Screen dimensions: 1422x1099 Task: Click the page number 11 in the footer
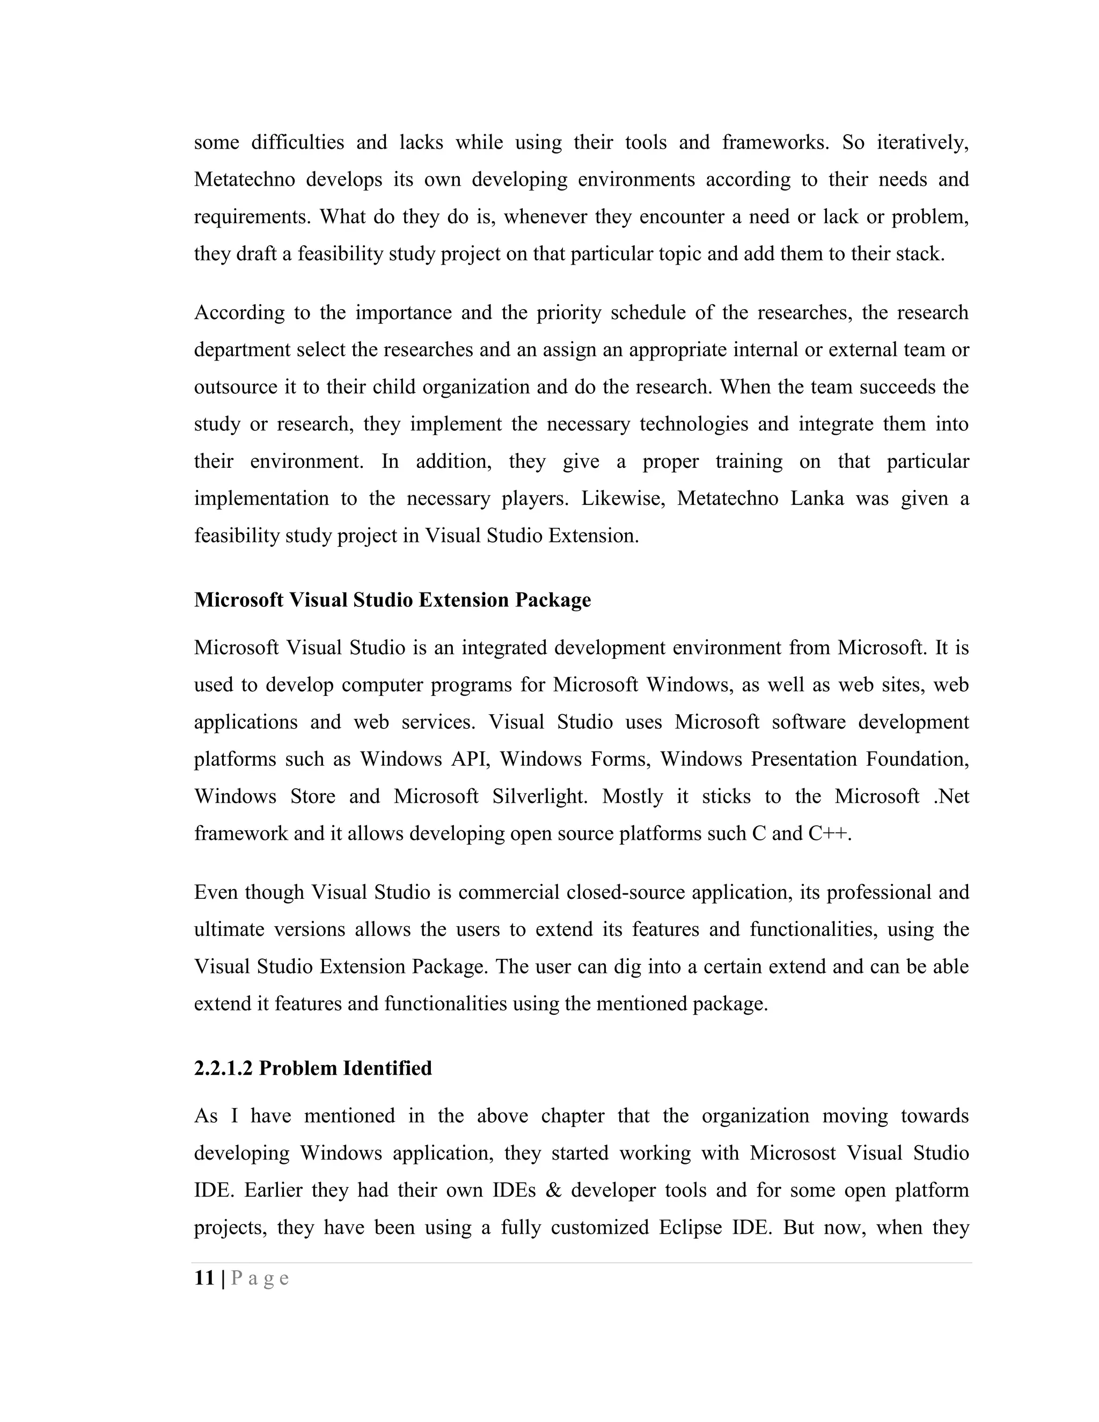coord(204,1278)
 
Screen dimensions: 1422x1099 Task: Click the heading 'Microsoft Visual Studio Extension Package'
coord(392,600)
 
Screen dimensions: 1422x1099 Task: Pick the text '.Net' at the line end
coord(951,796)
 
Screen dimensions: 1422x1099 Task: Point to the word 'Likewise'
coord(623,498)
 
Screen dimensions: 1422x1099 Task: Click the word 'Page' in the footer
coord(260,1278)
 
